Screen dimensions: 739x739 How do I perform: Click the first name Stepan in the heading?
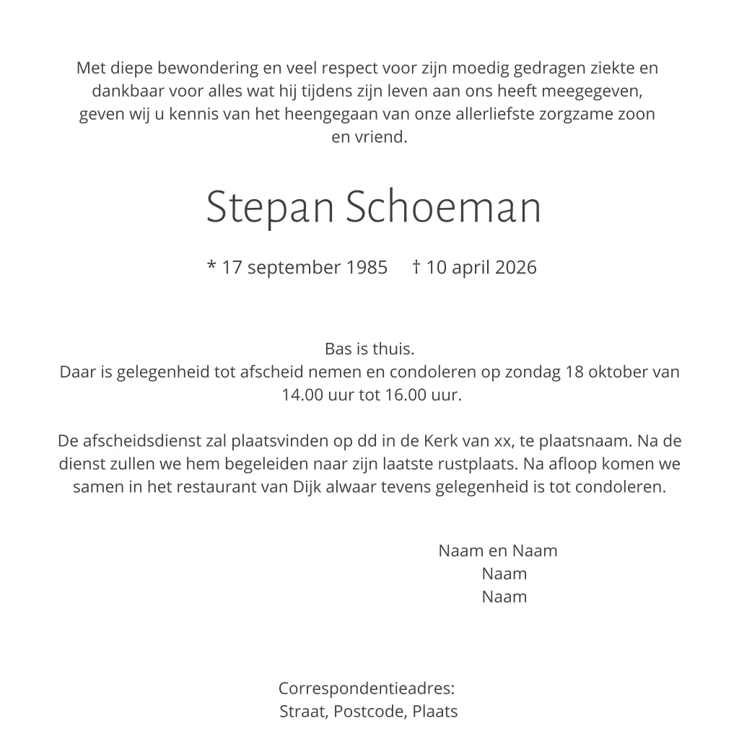click(x=269, y=208)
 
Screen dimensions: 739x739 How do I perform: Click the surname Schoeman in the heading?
click(x=443, y=208)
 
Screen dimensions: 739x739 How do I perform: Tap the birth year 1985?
click(x=367, y=268)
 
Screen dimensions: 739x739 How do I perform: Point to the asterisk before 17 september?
click(x=211, y=266)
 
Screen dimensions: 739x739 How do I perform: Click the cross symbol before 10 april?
click(x=416, y=267)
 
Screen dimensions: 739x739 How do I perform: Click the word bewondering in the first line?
click(x=193, y=69)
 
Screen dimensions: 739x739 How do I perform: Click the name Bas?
click(x=337, y=350)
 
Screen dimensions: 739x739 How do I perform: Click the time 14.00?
click(x=302, y=396)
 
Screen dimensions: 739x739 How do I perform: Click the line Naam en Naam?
click(x=498, y=551)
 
